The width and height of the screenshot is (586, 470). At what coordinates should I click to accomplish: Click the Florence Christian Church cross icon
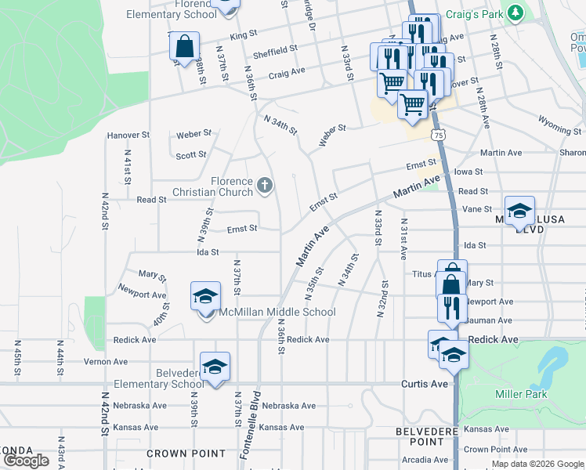265,185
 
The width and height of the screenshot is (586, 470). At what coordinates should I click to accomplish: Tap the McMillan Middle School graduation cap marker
205,298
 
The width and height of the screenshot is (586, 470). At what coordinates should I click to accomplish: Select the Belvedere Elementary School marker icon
215,367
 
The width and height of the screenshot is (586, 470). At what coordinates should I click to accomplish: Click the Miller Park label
521,394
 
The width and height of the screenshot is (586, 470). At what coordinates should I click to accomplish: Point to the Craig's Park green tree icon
515,13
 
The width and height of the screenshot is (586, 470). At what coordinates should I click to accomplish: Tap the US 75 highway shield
439,135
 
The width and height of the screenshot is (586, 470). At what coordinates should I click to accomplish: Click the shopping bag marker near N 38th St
184,47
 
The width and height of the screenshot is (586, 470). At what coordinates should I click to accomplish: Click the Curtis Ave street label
424,384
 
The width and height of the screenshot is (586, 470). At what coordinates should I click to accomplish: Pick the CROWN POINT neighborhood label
186,454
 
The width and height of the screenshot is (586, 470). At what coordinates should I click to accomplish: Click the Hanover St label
128,136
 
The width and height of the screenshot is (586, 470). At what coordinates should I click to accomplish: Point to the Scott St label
190,156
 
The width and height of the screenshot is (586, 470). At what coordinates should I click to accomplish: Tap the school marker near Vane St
519,211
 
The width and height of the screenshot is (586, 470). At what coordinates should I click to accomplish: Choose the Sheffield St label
276,50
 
